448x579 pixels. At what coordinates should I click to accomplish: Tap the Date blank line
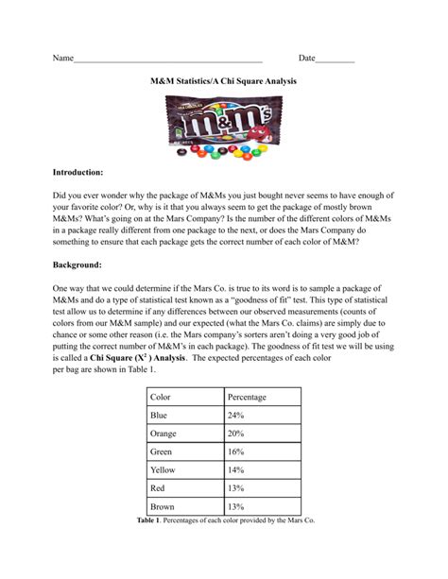[x=335, y=60]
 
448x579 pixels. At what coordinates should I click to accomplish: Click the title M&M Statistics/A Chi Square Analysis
[x=223, y=82]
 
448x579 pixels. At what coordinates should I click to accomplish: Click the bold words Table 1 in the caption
[x=151, y=520]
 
